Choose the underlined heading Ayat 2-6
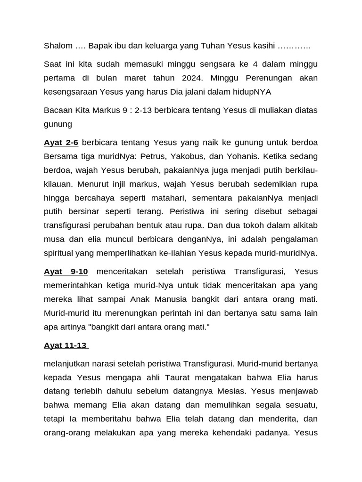61,142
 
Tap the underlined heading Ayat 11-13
66,345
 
